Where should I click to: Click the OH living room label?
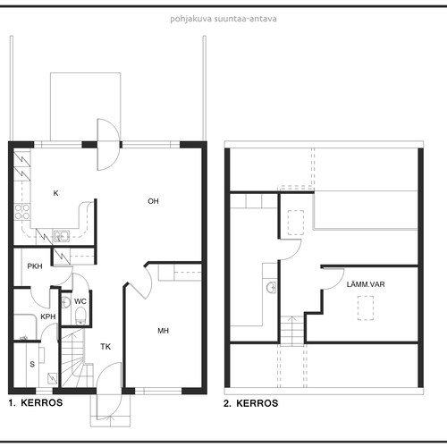click(153, 201)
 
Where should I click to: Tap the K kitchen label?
click(55, 193)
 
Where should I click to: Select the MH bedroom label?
click(164, 331)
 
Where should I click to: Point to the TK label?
click(105, 347)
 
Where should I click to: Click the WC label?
click(80, 301)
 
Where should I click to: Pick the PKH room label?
click(35, 266)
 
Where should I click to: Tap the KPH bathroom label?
click(48, 316)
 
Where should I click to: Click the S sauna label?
click(32, 364)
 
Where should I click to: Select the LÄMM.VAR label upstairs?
click(366, 284)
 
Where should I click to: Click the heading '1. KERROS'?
click(36, 403)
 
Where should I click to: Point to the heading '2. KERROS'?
click(251, 403)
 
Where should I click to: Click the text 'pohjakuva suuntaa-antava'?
click(223, 19)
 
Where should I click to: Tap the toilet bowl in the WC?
click(80, 316)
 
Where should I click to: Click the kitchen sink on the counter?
click(62, 236)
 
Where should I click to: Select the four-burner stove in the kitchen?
click(22, 212)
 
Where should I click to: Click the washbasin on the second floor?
click(272, 288)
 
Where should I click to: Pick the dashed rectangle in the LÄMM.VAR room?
click(366, 308)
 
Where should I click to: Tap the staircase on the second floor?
click(292, 331)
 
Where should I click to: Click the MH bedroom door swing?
click(140, 282)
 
